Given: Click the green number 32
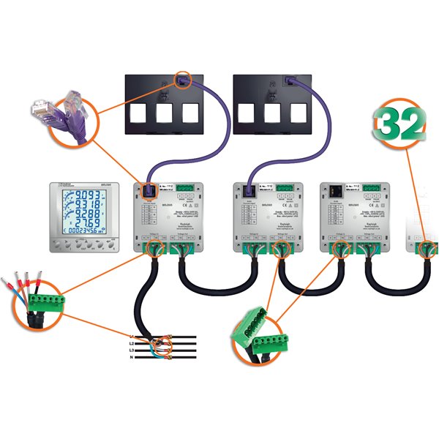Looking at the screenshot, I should click(x=399, y=126).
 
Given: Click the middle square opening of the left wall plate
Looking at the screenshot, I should click(x=165, y=112).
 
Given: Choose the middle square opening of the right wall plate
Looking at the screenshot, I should click(x=273, y=112).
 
